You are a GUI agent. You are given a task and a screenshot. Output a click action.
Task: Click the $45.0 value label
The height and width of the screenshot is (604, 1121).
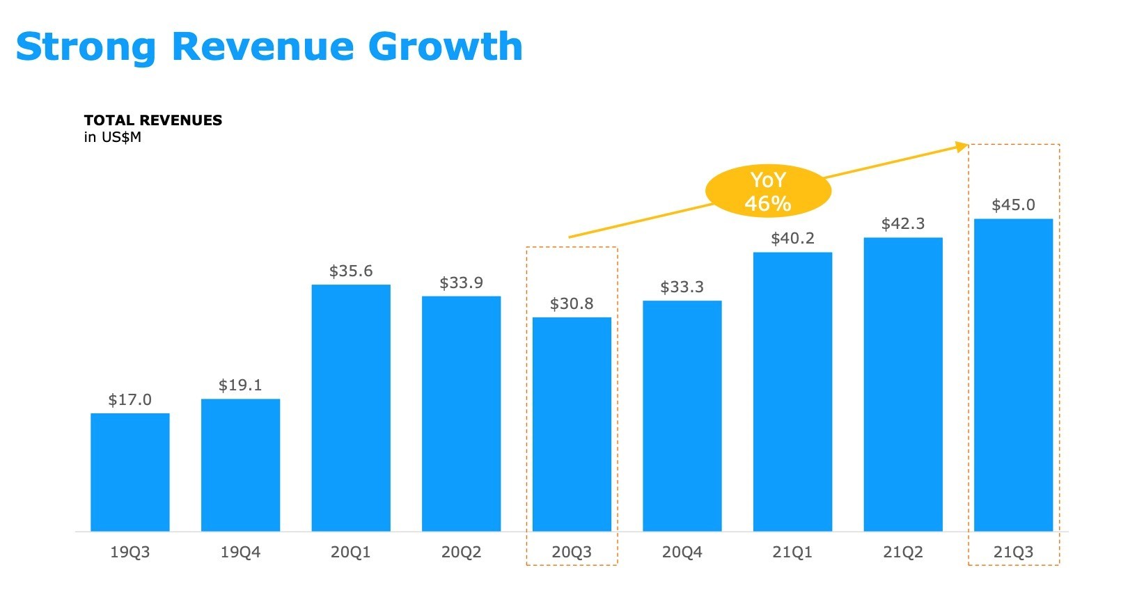tap(1013, 205)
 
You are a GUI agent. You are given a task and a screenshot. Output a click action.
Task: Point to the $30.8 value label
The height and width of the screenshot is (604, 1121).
tap(572, 304)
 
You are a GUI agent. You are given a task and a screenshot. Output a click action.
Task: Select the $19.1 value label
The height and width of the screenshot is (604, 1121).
tap(240, 386)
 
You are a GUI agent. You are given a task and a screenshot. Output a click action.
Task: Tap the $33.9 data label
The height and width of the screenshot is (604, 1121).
tap(461, 283)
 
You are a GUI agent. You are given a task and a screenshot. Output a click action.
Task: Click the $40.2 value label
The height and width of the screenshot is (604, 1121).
tap(792, 239)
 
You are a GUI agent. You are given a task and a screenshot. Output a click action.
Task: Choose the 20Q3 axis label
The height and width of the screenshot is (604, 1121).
tap(572, 553)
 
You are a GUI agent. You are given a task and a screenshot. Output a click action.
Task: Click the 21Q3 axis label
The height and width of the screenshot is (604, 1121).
tap(1013, 553)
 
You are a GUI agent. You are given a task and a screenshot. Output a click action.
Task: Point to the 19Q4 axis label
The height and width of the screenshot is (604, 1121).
tap(240, 553)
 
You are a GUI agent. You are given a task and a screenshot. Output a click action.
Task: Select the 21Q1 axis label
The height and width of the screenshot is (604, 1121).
tap(792, 553)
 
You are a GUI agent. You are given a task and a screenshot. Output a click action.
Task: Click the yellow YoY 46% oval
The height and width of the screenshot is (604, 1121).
tap(768, 191)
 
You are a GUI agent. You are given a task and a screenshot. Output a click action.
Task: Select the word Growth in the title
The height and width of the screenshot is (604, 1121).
tap(445, 47)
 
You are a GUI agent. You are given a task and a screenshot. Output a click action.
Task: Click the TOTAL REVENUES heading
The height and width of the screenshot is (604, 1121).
tap(153, 120)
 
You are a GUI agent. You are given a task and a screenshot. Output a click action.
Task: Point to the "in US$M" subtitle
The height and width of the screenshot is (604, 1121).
tap(113, 137)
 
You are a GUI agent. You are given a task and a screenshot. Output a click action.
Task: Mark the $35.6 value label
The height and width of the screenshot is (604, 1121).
tap(351, 271)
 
